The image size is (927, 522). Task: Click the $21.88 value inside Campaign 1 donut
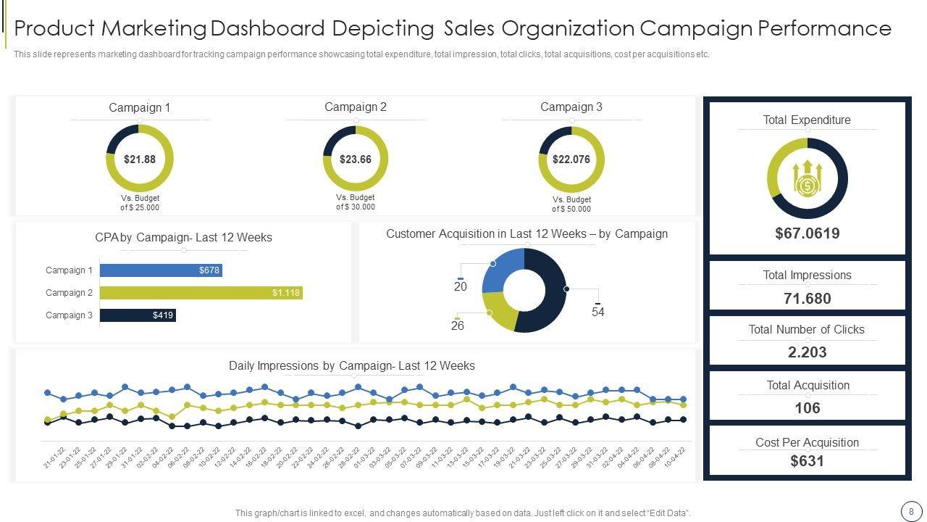pos(140,159)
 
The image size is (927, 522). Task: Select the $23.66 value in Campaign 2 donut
pos(356,159)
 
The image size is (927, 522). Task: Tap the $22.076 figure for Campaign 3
pos(571,159)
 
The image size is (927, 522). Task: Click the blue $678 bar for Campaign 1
pos(160,270)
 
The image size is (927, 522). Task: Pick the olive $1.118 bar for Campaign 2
pos(201,293)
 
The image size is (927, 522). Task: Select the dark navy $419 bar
pos(138,315)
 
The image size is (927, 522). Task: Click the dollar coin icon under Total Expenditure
pos(807,186)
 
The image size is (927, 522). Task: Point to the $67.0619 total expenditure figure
pos(807,233)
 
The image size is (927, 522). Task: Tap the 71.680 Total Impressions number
pos(807,299)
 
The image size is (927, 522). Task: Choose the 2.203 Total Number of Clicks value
pos(807,352)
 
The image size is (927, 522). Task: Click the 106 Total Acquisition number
pos(807,408)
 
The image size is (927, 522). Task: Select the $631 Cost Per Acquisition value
pos(807,461)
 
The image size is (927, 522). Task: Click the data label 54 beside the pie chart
pos(598,312)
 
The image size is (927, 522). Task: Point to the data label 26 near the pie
pos(458,326)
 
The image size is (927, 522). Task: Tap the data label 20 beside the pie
pos(461,287)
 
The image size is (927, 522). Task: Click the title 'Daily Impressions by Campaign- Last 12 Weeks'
pos(352,366)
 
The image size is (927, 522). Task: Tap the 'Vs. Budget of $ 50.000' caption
pos(571,204)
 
